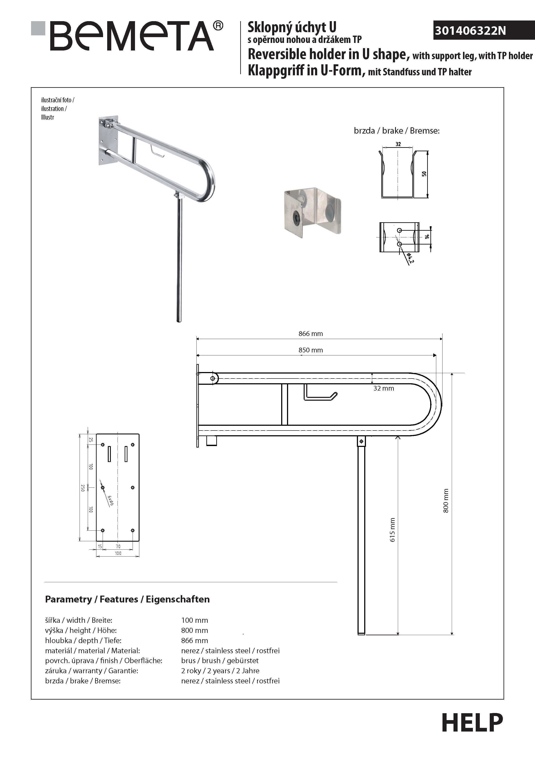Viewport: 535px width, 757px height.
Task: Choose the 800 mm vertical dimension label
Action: tap(446, 500)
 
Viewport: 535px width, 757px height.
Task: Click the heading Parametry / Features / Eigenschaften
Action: tap(127, 599)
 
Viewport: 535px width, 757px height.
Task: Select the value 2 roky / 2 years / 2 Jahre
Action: tap(220, 671)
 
